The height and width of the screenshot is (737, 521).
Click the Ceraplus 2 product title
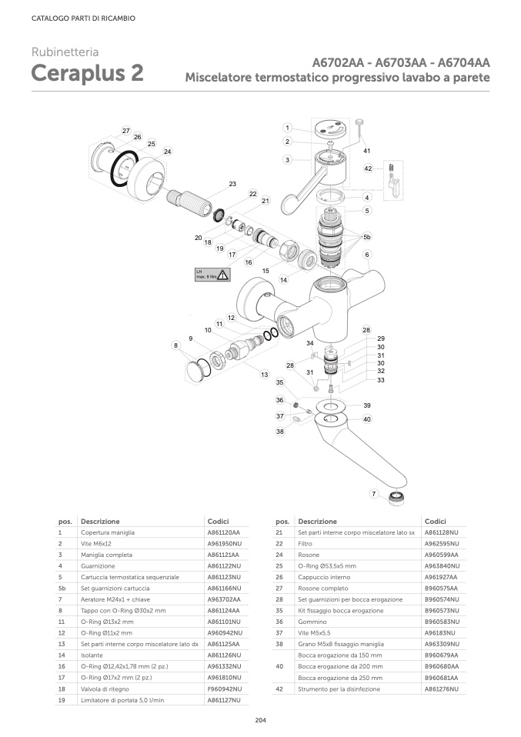pyautogui.click(x=87, y=73)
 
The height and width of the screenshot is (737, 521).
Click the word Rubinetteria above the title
pyautogui.click(x=65, y=52)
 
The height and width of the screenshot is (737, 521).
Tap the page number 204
pyautogui.click(x=260, y=719)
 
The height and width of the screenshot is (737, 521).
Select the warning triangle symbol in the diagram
pyautogui.click(x=222, y=274)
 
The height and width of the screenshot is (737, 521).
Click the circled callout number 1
pyautogui.click(x=286, y=128)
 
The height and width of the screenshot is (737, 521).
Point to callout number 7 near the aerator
pyautogui.click(x=374, y=493)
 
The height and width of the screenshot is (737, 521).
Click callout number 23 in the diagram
pyautogui.click(x=232, y=184)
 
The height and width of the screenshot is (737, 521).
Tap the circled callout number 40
pyautogui.click(x=367, y=419)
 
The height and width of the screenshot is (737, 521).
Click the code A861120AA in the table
pyautogui.click(x=224, y=532)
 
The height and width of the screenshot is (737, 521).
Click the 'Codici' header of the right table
pyautogui.click(x=436, y=521)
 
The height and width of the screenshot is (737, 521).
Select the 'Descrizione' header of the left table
pyautogui.click(x=100, y=521)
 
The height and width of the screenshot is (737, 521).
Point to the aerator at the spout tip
pyautogui.click(x=397, y=495)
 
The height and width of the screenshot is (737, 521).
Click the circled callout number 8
pyautogui.click(x=176, y=346)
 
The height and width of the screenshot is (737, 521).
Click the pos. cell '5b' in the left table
pyautogui.click(x=62, y=588)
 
